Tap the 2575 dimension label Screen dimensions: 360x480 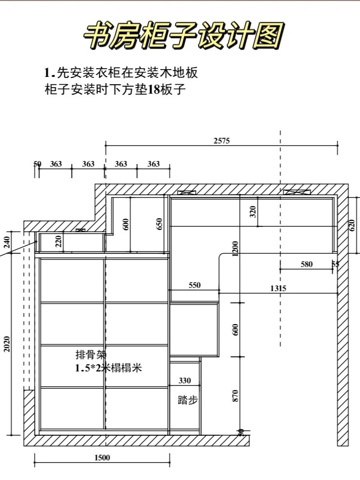click(x=222, y=141)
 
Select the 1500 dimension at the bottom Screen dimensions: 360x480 click(x=102, y=458)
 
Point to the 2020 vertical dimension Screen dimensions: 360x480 click(x=7, y=344)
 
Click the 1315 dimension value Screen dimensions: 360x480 click(x=278, y=288)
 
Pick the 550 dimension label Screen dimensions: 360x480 click(x=194, y=285)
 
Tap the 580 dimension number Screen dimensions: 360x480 click(x=306, y=264)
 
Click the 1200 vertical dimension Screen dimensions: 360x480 click(x=235, y=249)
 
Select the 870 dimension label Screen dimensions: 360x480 click(x=235, y=396)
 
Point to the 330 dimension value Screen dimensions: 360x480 click(x=185, y=381)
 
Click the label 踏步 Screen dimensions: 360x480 click(x=188, y=400)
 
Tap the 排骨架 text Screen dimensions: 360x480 click(x=91, y=354)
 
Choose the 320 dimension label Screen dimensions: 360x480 click(x=253, y=212)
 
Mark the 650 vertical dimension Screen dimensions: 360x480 click(x=159, y=224)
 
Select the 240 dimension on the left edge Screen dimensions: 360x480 click(x=7, y=242)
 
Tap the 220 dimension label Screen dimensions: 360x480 click(x=58, y=241)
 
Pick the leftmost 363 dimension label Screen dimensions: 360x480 click(x=56, y=164)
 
